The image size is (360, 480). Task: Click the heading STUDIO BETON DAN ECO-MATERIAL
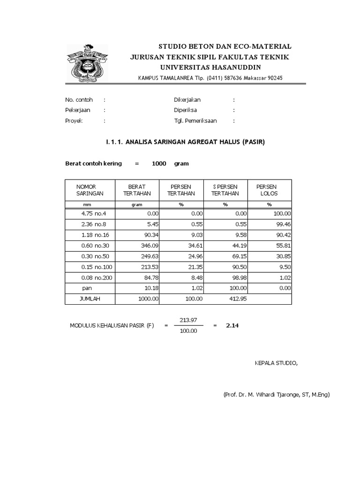click(225, 47)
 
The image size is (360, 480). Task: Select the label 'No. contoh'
click(79, 100)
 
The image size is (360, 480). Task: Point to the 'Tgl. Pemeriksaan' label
click(195, 120)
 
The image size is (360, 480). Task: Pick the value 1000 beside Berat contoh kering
click(159, 164)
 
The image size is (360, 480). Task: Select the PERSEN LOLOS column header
click(267, 190)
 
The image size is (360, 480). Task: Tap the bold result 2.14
click(232, 326)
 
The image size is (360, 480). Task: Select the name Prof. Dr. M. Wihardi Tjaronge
click(277, 395)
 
